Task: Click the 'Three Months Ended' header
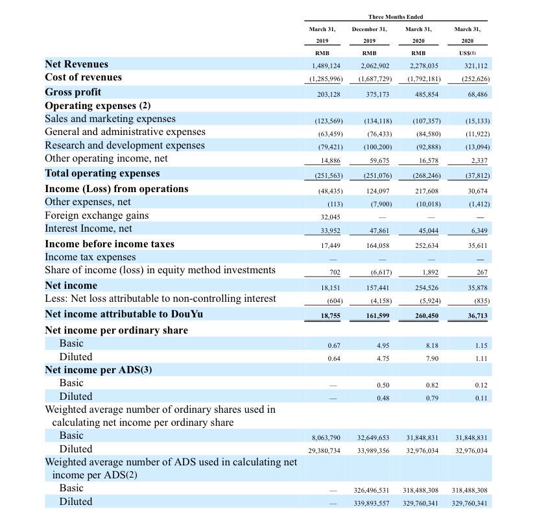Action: click(396, 17)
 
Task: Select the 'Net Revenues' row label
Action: click(77, 64)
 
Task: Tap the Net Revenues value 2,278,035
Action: click(424, 66)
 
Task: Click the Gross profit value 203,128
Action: click(328, 94)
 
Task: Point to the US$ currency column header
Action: click(468, 53)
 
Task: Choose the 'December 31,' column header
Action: click(369, 29)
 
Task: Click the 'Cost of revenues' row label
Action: click(83, 77)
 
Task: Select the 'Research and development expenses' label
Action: click(125, 145)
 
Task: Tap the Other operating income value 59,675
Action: click(379, 160)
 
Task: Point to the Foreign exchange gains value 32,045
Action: click(330, 217)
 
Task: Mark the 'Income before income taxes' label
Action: click(110, 244)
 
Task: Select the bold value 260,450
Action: click(427, 316)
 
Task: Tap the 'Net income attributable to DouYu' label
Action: click(124, 314)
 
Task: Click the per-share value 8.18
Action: click(432, 345)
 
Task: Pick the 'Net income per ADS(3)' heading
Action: click(99, 370)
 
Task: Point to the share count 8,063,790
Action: click(326, 438)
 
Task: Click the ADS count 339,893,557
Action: click(372, 503)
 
